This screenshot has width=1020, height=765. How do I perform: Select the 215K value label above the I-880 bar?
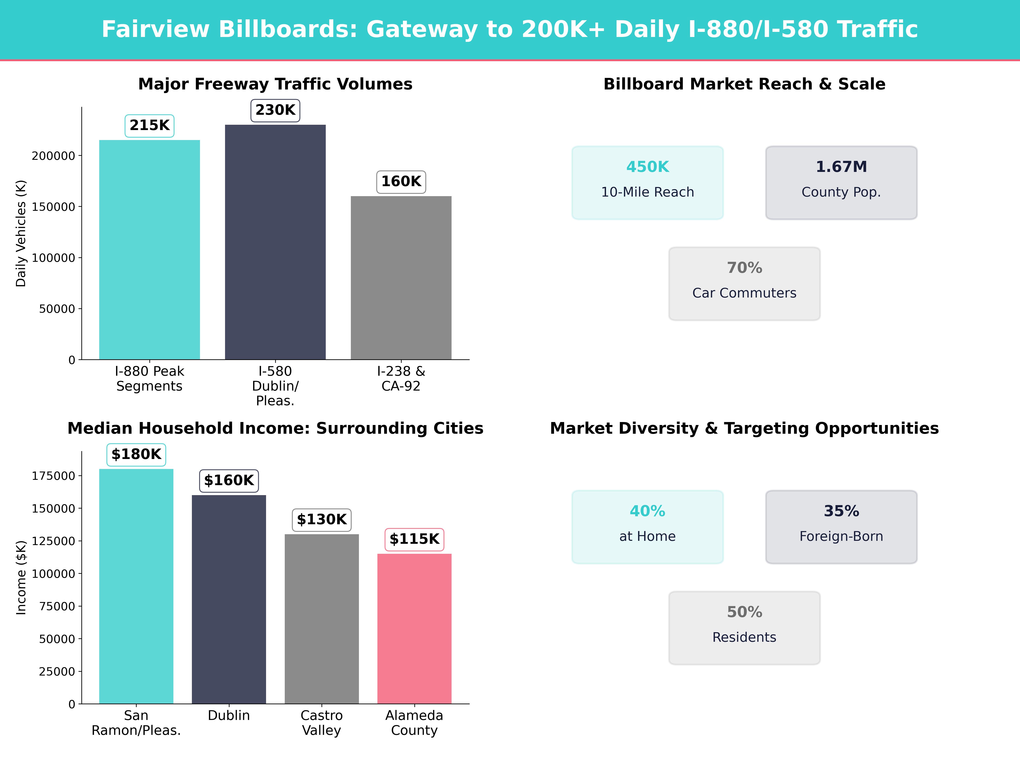coord(149,125)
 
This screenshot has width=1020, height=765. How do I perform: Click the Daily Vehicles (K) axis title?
coord(21,233)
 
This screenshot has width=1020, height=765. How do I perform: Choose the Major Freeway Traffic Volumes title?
coord(275,84)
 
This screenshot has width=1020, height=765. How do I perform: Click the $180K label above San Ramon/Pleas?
coord(136,454)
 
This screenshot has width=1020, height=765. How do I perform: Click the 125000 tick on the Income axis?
coord(53,541)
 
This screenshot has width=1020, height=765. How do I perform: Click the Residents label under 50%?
coord(744,637)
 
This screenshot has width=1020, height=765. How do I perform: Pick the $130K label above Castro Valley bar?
coord(321,520)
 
